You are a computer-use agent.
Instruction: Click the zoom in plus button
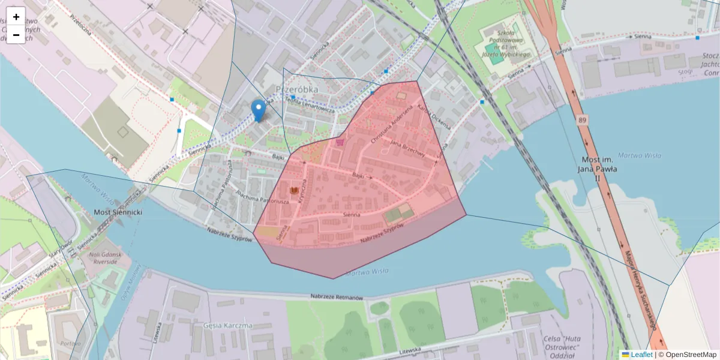pyautogui.click(x=16, y=17)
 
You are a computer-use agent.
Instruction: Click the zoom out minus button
pyautogui.click(x=16, y=35)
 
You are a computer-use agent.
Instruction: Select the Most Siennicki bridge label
pyautogui.click(x=118, y=212)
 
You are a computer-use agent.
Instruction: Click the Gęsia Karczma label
pyautogui.click(x=228, y=326)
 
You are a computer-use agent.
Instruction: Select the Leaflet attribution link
pyautogui.click(x=641, y=355)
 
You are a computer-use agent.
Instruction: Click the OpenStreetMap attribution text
pyautogui.click(x=688, y=355)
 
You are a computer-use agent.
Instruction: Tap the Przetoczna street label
pyautogui.click(x=80, y=23)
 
